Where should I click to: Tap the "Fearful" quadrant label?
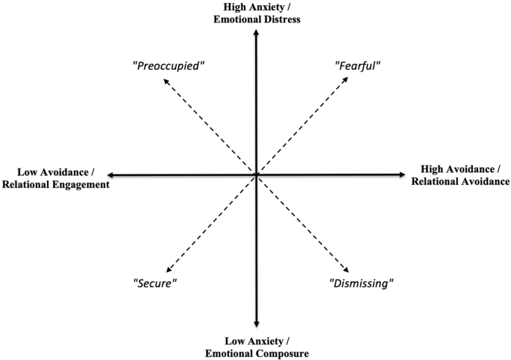pos(357,65)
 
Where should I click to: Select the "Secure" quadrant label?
pos(157,283)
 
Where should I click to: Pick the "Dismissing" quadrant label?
pos(361,283)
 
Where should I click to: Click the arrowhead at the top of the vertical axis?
pos(256,32)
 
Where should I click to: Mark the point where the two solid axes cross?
pos(256,175)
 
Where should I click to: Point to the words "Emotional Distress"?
pos(256,19)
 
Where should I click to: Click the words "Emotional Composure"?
pos(257,353)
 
